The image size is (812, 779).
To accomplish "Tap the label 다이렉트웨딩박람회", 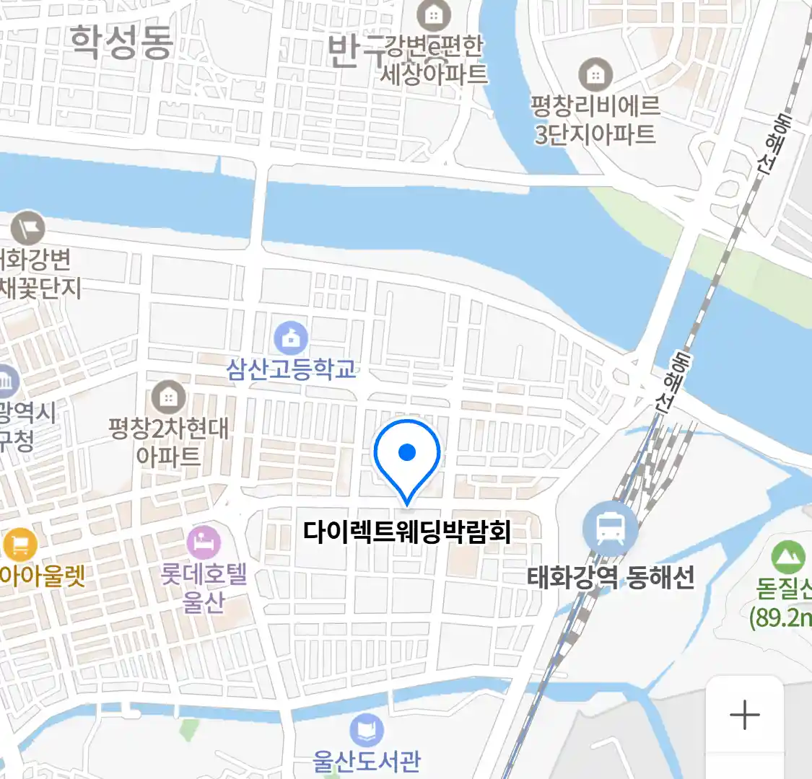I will pos(407,532).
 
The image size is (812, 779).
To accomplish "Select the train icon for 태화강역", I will pos(610,529).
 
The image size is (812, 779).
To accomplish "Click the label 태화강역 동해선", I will pos(611,577).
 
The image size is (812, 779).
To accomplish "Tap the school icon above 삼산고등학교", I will pos(291,337).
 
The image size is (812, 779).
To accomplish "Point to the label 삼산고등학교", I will pos(292,369).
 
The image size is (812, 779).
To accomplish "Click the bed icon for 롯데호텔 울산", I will pos(204,542).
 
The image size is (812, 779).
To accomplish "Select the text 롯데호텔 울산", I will pos(204,588).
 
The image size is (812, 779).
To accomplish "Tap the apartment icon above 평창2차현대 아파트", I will pos(168,396).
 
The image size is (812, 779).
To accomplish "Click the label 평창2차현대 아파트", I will pos(168,441).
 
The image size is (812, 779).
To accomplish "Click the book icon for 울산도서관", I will pos(367,731).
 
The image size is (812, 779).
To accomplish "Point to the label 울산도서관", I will pos(367,761).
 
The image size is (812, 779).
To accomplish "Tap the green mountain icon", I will pos(787,557).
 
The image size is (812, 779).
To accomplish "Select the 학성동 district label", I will pos(121,42).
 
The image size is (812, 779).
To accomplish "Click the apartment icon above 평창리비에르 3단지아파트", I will pos(595,74).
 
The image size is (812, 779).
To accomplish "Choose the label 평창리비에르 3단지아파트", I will pos(595,120).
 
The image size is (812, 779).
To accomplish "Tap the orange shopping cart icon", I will pos(19,544).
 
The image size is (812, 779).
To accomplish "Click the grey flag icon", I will pos(27,229).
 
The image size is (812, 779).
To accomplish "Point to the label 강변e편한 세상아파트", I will pos(434,60).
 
